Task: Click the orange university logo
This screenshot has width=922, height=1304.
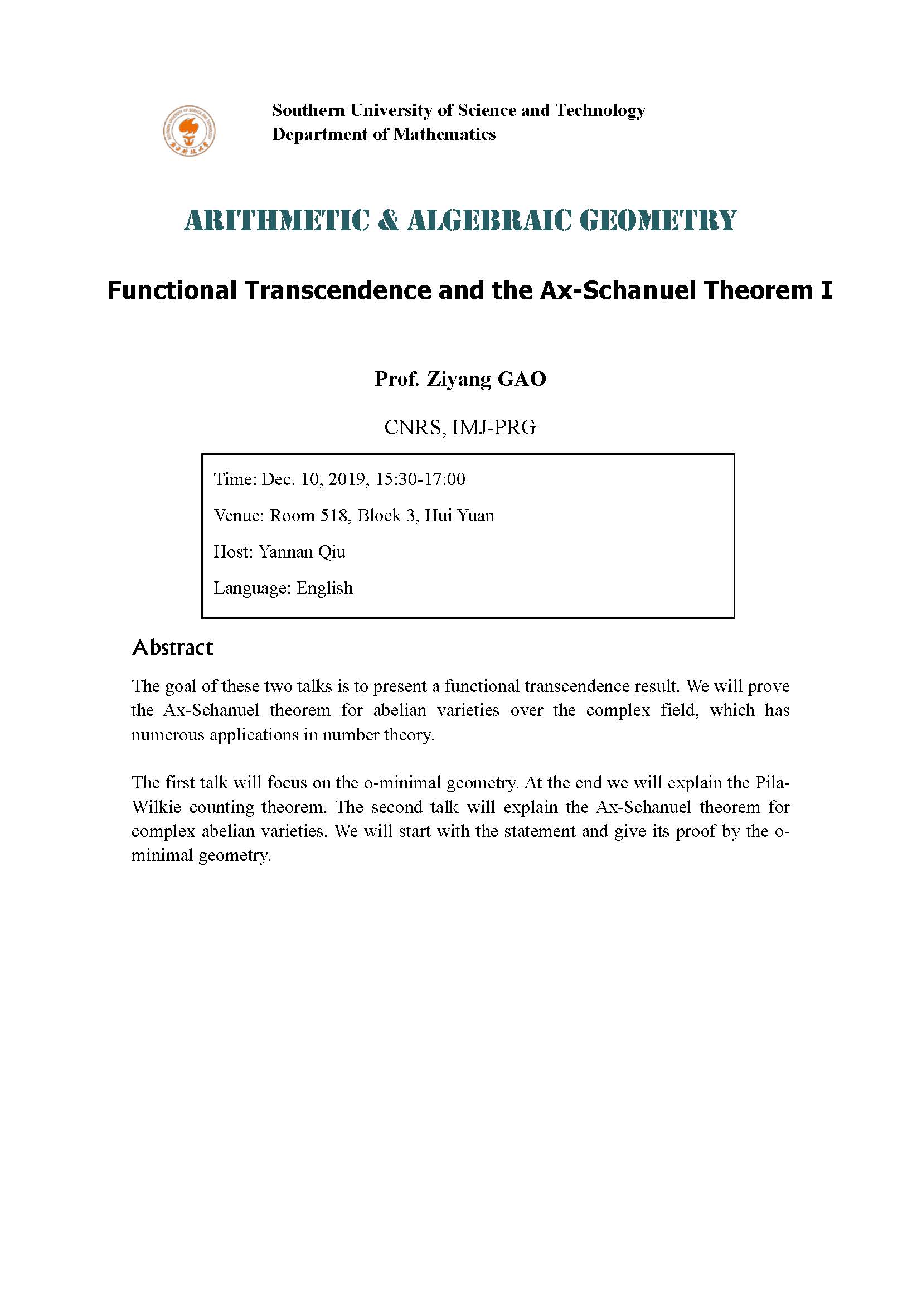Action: point(189,131)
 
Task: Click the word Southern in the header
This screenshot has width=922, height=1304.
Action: point(308,110)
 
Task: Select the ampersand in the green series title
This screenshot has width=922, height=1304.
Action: point(389,220)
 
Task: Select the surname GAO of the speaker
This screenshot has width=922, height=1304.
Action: point(522,379)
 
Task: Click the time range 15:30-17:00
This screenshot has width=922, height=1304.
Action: point(420,479)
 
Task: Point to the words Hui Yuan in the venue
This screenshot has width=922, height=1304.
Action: point(459,516)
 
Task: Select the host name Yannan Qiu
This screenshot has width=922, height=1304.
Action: point(302,552)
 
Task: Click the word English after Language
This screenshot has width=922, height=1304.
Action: point(324,588)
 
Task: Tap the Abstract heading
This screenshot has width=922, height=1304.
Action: point(173,648)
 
